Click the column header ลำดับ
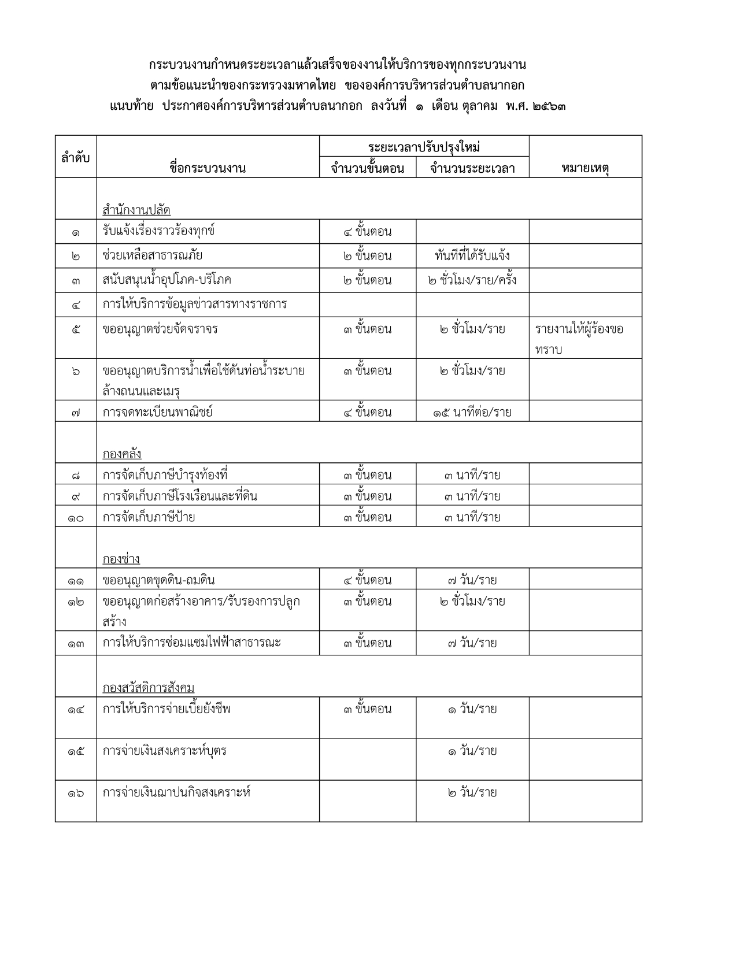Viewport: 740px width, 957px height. point(76,157)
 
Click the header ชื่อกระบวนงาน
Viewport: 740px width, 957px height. point(208,168)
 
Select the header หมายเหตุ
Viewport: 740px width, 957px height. point(585,168)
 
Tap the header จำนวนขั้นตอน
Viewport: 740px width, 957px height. point(367,168)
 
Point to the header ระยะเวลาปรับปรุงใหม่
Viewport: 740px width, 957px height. point(424,147)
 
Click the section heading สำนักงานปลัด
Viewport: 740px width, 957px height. point(136,210)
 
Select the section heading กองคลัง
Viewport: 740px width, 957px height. point(122,454)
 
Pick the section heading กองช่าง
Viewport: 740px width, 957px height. point(121,559)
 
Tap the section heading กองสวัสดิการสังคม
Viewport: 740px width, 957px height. point(149,688)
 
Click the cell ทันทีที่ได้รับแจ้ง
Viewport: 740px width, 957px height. point(472,255)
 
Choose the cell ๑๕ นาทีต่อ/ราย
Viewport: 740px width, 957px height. point(472,412)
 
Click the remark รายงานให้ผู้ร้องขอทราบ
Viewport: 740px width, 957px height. point(579,339)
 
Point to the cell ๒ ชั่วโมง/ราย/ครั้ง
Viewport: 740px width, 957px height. point(472,280)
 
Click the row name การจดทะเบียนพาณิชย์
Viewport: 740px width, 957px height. point(158,412)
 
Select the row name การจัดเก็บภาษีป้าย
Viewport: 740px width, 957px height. point(149,517)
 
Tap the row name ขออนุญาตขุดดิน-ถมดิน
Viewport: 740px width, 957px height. point(159,580)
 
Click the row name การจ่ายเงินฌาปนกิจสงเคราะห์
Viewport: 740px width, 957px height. point(176,792)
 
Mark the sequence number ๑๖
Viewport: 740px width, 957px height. point(76,793)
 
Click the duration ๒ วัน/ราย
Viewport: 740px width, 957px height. point(472,792)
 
